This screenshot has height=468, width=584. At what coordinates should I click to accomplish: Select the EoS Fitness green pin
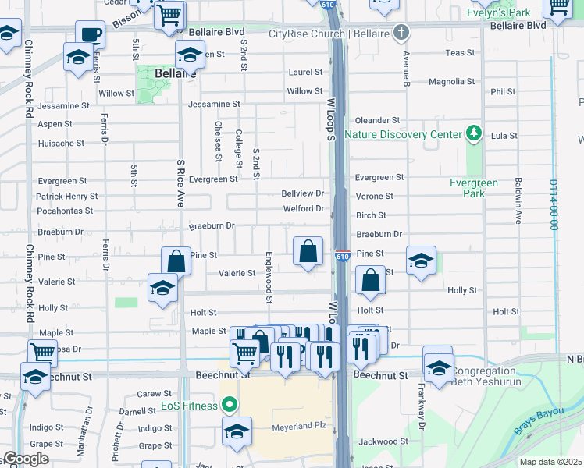229,406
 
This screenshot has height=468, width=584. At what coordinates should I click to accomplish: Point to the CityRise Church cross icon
401,34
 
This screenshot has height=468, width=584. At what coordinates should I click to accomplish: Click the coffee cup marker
90,35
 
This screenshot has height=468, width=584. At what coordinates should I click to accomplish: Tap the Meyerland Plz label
297,427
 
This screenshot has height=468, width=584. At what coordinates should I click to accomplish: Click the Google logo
26,459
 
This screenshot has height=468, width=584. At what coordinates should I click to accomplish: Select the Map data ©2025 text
550,462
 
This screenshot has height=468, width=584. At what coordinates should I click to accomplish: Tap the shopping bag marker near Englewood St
308,251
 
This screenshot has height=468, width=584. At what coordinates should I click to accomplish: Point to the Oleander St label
377,120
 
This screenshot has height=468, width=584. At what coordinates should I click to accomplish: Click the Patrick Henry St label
67,197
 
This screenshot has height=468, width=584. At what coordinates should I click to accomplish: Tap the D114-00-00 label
553,206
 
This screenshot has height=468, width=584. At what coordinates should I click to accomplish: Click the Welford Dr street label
303,208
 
